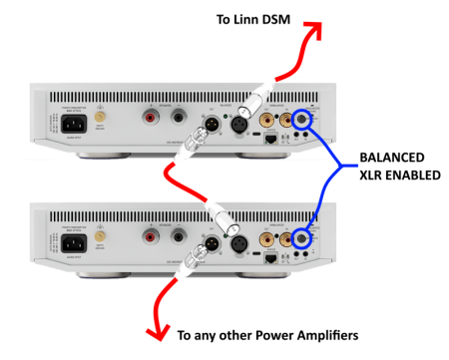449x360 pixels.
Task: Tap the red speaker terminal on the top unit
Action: pyautogui.click(x=151, y=119)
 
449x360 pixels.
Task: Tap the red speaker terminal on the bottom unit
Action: pyautogui.click(x=151, y=237)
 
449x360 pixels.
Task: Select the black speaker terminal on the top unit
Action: pyautogui.click(x=179, y=119)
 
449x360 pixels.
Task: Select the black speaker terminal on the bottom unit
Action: pyautogui.click(x=179, y=237)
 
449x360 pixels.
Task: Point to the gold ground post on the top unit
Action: pyautogui.click(x=100, y=118)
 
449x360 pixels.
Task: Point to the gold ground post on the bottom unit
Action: pyautogui.click(x=100, y=236)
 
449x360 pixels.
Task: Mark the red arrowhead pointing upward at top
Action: pyautogui.click(x=315, y=30)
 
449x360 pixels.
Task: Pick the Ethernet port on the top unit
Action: pyautogui.click(x=270, y=141)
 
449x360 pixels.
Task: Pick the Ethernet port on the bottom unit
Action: pyautogui.click(x=270, y=258)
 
